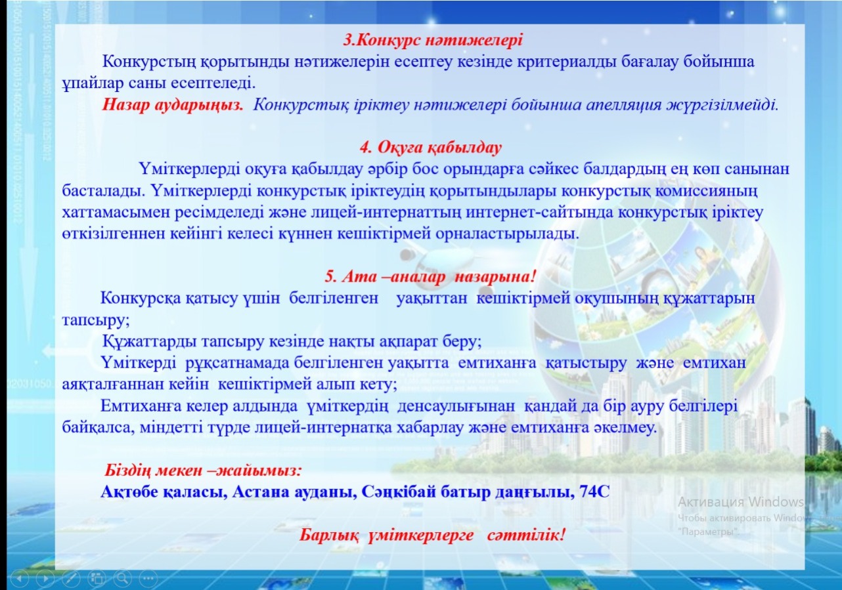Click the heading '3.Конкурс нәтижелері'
tap(433, 40)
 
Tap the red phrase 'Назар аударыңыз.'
tap(173, 105)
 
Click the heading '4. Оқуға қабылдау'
tap(431, 148)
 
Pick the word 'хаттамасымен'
tap(116, 212)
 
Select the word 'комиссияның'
tap(706, 191)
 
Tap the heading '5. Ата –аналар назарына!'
tap(430, 277)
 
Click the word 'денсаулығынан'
tap(456, 406)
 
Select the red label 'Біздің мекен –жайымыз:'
tap(203, 470)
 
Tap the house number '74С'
tap(594, 492)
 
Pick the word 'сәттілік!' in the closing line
tap(526, 534)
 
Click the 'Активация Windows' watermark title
tap(740, 502)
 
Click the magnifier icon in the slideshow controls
tap(123, 578)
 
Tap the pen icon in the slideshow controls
tap(71, 578)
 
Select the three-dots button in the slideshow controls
tap(148, 578)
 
